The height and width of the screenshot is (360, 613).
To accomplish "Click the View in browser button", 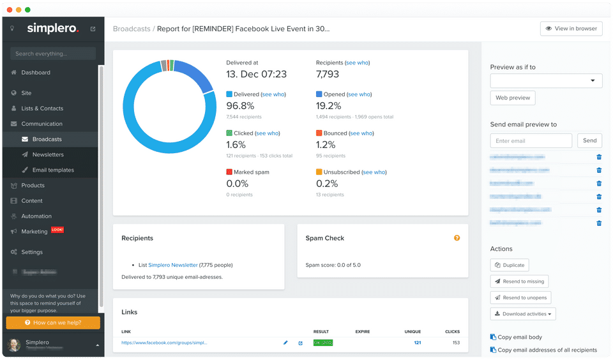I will pos(571,29).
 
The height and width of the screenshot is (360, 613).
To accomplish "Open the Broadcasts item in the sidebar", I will pos(47,139).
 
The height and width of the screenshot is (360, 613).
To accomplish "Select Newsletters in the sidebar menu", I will pos(48,154).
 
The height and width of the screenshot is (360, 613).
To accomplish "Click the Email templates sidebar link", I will pos(53,170).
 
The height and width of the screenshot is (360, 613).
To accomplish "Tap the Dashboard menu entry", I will pos(35,72).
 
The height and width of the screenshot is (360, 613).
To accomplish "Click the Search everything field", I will pos(53,54).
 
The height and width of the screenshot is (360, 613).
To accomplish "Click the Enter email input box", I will pos(531,140).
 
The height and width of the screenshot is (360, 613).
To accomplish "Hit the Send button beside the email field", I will pos(589,140).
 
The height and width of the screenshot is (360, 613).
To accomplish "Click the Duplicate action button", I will pos(509,265).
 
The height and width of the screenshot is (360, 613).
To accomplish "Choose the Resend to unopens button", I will pos(520,297).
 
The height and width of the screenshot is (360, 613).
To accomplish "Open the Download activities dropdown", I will pos(523,313).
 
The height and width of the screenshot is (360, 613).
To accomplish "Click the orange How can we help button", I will pos(53,323).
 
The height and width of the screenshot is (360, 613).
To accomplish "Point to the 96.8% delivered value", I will pos(240,106).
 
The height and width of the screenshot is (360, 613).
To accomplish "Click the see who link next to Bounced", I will pos(361,133).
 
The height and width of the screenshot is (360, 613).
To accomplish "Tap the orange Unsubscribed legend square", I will pos(319,172).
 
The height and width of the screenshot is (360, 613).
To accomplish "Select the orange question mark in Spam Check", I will pos(457,238).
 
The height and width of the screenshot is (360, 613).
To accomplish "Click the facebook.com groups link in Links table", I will pos(164,343).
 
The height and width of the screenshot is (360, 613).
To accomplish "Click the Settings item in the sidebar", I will pos(32,252).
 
